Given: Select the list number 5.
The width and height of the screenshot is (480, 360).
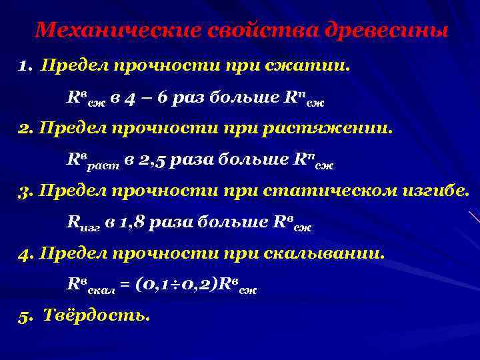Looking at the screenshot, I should click(25, 316).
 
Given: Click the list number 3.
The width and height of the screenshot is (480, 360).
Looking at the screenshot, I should click(25, 192).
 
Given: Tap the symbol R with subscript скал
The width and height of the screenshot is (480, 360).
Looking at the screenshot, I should click(91, 285).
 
